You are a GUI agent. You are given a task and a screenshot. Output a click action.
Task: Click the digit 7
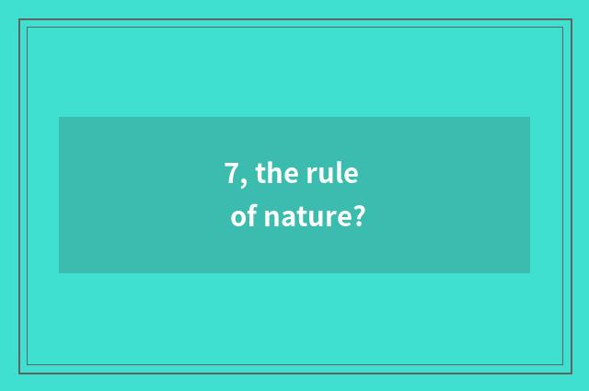232,172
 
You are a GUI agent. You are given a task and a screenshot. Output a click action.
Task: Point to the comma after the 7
245,180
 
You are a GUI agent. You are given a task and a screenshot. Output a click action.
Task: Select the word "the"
276,172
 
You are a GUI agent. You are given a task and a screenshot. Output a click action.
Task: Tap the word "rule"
331,172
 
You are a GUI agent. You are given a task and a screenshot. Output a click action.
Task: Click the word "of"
243,218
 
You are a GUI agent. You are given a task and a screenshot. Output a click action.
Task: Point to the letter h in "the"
276,171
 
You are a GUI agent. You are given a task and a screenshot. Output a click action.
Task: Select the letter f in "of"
251,217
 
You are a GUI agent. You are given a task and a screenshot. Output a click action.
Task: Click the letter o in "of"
238,220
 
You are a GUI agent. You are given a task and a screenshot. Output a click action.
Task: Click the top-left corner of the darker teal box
59,117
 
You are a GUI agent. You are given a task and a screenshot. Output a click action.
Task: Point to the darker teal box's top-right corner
530,117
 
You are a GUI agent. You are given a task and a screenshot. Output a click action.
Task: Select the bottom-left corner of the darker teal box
59,273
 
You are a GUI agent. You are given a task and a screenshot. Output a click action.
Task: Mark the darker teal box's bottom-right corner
530,273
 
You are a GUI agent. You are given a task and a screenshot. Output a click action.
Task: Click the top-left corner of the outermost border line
19,19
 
